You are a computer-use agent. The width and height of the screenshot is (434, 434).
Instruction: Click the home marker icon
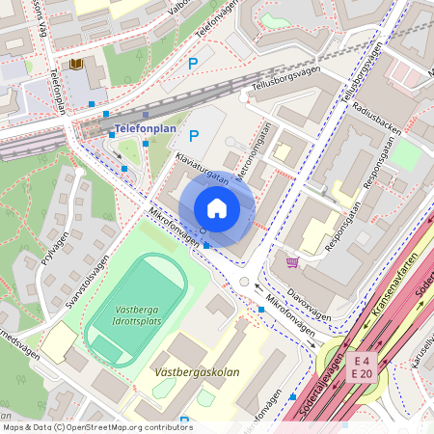tap(217, 208)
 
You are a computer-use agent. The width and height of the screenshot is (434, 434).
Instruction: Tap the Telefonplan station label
tap(144, 127)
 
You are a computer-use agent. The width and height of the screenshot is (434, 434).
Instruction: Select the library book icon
tap(75, 65)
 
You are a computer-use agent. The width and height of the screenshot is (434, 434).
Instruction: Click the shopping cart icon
tap(292, 261)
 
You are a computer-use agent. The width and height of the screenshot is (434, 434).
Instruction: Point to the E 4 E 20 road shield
tap(362, 366)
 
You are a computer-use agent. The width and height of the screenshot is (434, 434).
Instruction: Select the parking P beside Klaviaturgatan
tap(193, 137)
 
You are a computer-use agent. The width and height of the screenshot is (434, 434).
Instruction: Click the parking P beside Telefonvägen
tap(193, 64)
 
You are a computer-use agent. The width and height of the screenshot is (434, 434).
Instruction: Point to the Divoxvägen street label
tap(310, 305)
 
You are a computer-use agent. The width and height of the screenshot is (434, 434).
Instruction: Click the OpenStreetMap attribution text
tap(97, 426)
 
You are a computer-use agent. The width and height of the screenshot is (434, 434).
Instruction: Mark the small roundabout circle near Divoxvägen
tap(244, 282)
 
